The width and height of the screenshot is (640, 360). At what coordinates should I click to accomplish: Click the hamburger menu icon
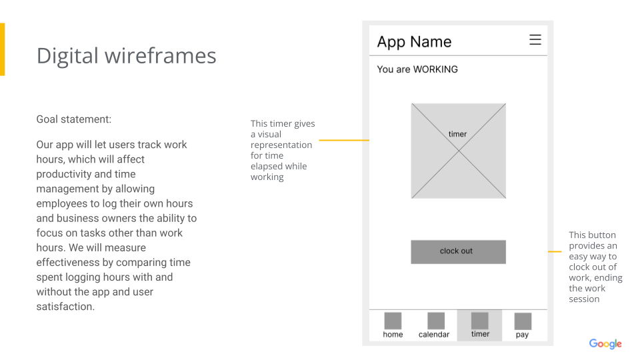point(535,39)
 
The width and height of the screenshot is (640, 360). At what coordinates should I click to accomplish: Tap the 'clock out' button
point(459,252)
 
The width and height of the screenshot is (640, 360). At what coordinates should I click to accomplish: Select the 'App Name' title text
point(414,41)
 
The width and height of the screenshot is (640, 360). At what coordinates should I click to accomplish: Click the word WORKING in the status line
point(435,69)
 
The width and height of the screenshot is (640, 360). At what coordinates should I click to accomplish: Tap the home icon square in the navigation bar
point(393,321)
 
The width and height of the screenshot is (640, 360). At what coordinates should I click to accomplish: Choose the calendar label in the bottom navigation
point(434,334)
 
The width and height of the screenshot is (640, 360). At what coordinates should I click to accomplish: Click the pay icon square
point(523,321)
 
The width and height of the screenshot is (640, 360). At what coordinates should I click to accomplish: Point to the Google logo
point(605,344)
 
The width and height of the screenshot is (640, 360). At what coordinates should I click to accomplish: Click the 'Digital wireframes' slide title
point(126,55)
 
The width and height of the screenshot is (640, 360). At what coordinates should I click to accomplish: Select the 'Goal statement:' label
point(74,119)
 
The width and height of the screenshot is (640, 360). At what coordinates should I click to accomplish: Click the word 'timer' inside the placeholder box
point(457,134)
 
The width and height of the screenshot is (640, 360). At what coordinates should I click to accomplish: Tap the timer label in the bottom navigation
point(480,334)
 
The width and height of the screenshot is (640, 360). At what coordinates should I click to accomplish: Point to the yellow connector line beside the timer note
point(344,140)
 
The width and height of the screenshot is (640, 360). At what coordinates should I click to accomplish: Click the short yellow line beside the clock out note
point(555,251)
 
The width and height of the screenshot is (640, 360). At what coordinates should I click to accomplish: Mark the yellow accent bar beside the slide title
point(3,49)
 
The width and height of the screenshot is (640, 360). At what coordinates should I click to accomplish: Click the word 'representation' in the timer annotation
point(281,145)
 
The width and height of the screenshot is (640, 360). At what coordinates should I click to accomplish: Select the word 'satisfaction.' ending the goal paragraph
point(65,307)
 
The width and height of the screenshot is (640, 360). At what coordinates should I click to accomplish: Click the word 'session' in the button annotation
point(584,299)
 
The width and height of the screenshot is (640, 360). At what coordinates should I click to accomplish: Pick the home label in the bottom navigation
point(393,334)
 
